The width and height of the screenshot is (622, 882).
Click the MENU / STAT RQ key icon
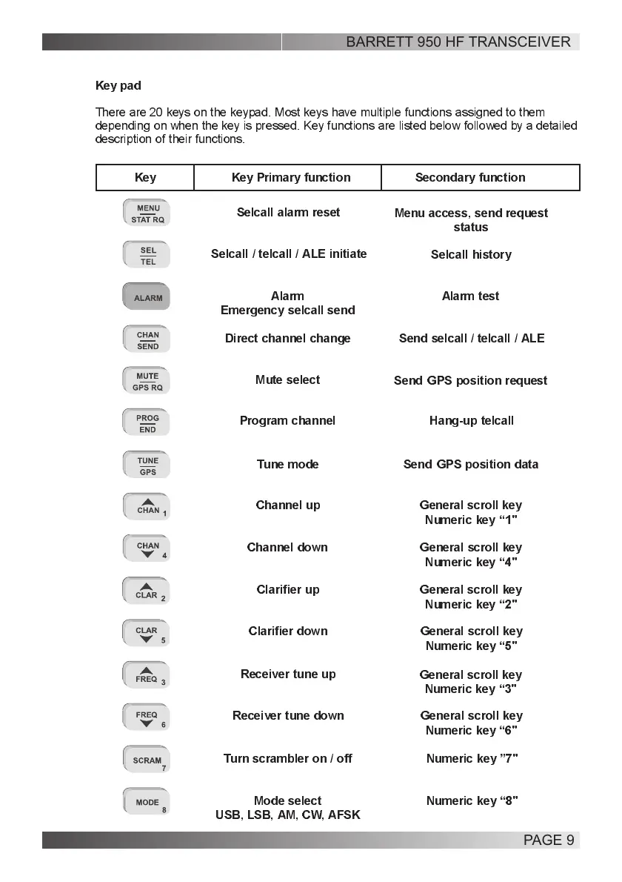(x=147, y=213)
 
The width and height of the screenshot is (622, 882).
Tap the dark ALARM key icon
(x=147, y=298)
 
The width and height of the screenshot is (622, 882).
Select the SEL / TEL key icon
(x=147, y=256)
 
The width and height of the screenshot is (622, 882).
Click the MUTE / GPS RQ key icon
(x=147, y=382)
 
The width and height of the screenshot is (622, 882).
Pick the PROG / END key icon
(x=147, y=424)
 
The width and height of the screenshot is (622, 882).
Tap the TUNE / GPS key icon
(x=147, y=466)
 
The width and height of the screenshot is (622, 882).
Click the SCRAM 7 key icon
(x=147, y=760)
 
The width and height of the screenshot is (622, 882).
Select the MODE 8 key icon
(x=147, y=803)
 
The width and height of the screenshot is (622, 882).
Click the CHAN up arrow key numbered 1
(x=147, y=507)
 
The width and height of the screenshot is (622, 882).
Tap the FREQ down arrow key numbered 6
(x=147, y=718)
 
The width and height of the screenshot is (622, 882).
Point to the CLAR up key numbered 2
(x=147, y=591)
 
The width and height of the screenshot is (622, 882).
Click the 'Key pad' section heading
(x=118, y=86)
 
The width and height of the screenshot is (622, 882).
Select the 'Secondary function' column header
(x=470, y=178)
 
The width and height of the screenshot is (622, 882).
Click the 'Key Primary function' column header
(x=291, y=178)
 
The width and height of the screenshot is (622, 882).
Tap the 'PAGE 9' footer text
(x=549, y=840)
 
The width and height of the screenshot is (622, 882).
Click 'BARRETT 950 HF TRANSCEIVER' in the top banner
(x=458, y=42)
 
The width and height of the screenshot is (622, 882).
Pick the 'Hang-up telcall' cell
(x=471, y=421)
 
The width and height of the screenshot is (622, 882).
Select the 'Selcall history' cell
(x=471, y=255)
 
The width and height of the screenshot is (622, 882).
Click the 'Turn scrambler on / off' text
(x=287, y=759)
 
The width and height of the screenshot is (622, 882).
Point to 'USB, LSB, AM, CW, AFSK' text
(x=287, y=815)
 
